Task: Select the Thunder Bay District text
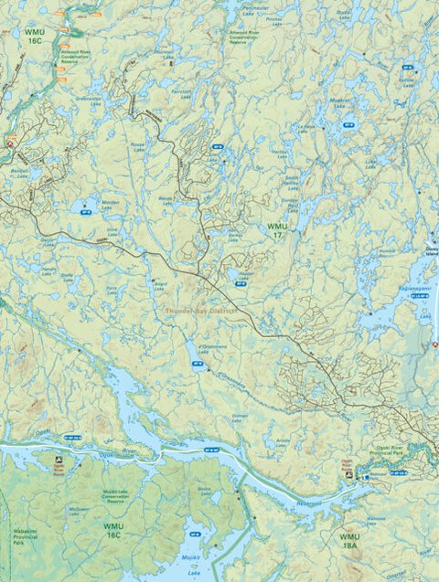(201, 311)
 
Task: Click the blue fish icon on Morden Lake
(88, 205)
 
